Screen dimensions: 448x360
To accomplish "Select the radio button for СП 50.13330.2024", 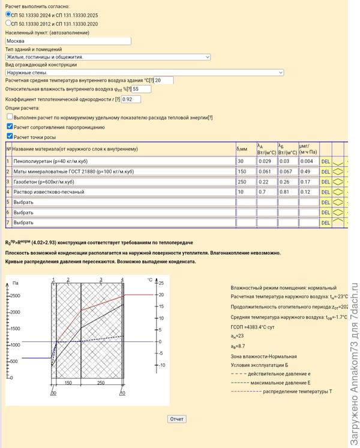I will [x=8, y=14].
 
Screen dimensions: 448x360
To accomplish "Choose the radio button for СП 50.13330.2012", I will [x=8, y=23].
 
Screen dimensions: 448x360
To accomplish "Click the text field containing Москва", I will [x=68, y=41].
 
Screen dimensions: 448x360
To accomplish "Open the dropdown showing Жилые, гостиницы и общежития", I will [x=108, y=57].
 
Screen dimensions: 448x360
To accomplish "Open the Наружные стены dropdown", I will [x=144, y=73].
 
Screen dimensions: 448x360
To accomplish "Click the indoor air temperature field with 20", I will [x=164, y=80].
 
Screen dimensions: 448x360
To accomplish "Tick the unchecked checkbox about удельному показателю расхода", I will [x=10, y=118].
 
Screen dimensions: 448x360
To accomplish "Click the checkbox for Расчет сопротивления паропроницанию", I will [x=10, y=127].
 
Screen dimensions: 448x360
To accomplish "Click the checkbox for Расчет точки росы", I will [x=10, y=136].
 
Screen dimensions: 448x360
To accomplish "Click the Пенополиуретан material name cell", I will [x=123, y=161].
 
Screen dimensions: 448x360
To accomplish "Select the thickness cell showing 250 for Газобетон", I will [x=245, y=182].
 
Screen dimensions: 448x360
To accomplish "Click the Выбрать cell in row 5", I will [x=123, y=202].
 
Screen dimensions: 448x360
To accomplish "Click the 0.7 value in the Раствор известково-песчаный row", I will [x=266, y=192].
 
